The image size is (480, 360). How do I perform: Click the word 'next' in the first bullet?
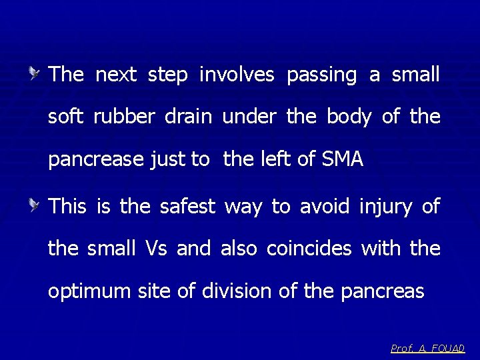coord(116,75)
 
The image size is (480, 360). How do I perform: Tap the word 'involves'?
coord(237,75)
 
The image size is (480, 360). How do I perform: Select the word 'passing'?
coord(322,75)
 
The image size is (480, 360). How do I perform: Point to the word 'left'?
coord(281,160)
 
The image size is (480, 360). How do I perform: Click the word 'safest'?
coord(188,206)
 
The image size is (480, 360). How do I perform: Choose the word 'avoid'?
coord(325,206)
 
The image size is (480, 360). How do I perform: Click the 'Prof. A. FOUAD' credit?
coord(428,348)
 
